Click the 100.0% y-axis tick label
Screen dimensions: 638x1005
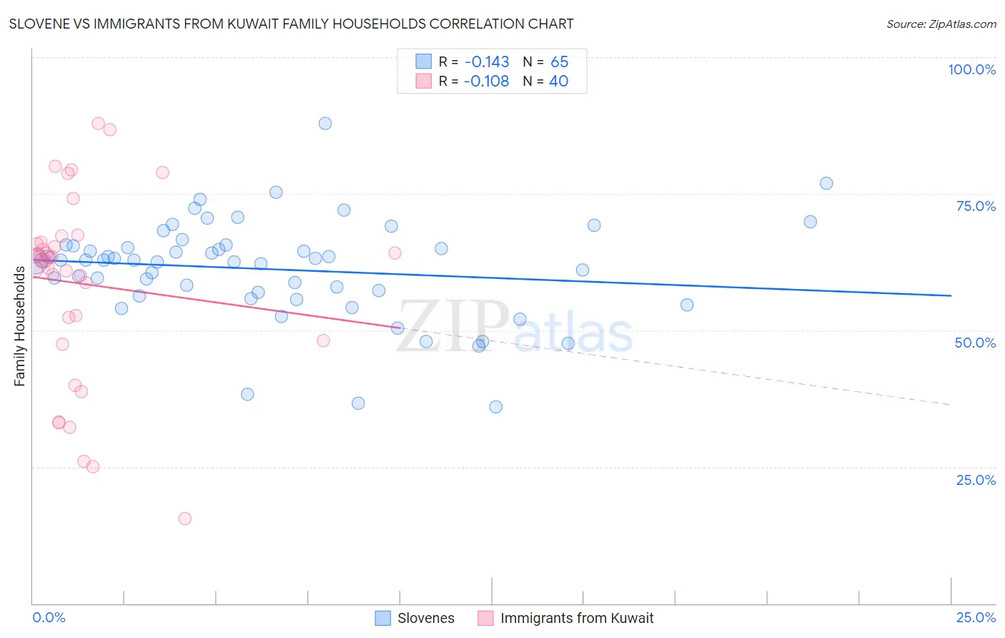coord(971,69)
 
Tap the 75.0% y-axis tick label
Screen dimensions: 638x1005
coord(976,206)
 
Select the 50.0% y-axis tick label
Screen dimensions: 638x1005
coord(975,343)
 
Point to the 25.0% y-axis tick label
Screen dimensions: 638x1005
coord(976,480)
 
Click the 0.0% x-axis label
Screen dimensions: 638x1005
coord(49,617)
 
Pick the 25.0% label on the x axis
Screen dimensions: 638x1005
coord(976,617)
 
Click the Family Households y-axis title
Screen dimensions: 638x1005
coord(19,326)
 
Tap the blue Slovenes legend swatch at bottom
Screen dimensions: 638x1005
coord(383,618)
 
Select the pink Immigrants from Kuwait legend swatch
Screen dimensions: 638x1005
coord(485,618)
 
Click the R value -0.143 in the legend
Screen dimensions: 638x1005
coord(486,62)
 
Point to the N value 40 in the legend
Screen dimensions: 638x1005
coord(558,81)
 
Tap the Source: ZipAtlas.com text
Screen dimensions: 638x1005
coord(941,24)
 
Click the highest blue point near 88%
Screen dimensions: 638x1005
coord(325,123)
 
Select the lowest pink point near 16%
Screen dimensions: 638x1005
coord(185,519)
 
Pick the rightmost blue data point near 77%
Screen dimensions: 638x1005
coord(826,183)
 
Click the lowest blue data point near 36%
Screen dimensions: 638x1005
coord(495,407)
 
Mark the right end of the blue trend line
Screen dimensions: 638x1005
coord(951,295)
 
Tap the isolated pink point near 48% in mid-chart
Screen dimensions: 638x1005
coord(323,340)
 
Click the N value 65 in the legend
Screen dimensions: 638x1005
coord(559,62)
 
